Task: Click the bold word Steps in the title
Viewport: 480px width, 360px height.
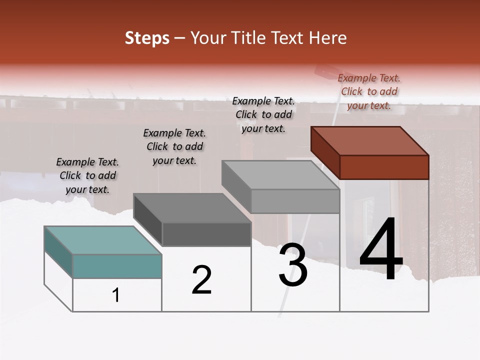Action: click(147, 38)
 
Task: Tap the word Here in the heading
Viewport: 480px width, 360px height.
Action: click(328, 38)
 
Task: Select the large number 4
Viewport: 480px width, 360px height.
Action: click(381, 250)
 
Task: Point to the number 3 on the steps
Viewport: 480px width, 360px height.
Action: click(293, 265)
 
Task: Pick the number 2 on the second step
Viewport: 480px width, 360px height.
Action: click(201, 280)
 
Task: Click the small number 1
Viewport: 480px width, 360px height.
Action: click(116, 295)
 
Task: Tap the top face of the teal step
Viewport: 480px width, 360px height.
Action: click(102, 240)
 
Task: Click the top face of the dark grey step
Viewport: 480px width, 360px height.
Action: click(191, 207)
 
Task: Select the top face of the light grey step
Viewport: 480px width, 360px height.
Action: click(280, 175)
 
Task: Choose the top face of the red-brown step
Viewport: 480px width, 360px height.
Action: click(369, 140)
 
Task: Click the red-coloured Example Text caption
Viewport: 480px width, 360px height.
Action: click(369, 91)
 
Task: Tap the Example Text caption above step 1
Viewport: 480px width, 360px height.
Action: click(87, 175)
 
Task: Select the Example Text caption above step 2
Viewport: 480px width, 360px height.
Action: click(174, 146)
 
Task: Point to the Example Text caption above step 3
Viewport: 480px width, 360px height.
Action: click(263, 114)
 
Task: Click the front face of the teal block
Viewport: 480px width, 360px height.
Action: click(117, 266)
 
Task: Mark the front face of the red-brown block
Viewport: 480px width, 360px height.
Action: click(384, 167)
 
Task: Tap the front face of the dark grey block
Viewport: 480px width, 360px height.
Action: click(206, 234)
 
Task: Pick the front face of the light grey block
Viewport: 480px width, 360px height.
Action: click(295, 201)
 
